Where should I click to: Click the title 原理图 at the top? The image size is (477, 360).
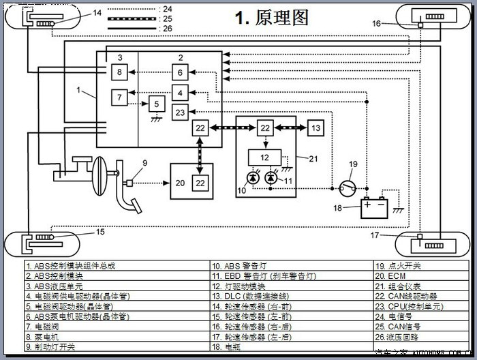point(272,18)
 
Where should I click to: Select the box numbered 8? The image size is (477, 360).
point(119,72)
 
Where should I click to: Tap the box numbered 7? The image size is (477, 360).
point(119,97)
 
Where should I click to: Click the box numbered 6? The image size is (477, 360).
point(180,73)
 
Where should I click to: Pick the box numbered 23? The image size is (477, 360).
point(180,112)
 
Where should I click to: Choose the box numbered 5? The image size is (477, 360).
point(157,104)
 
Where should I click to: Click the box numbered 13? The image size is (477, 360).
point(316,127)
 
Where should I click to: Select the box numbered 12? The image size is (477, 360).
point(265,158)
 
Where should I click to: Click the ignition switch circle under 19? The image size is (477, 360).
point(348,185)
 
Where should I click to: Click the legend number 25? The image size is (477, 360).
point(167,18)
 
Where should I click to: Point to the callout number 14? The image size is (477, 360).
point(97,12)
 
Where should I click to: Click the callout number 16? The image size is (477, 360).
point(377,23)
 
